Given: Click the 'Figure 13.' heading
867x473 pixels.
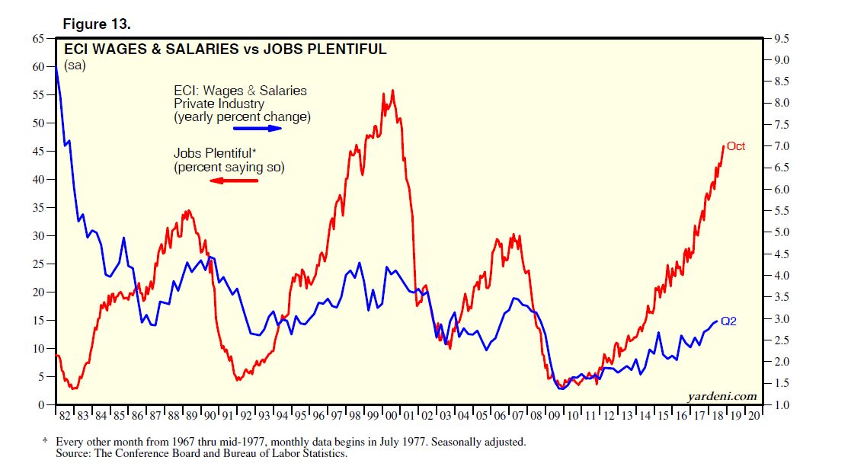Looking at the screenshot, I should click(x=101, y=24).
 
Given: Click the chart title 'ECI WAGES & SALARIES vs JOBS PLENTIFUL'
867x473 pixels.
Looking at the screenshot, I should click(x=225, y=50).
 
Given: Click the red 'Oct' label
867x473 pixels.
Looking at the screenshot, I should click(x=736, y=146).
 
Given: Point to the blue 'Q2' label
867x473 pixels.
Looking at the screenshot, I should click(x=728, y=321).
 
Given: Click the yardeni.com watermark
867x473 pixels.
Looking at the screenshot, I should click(x=721, y=395).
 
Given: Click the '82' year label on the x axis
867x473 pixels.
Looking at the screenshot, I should click(x=64, y=415).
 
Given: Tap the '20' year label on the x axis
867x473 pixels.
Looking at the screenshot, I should click(x=753, y=415).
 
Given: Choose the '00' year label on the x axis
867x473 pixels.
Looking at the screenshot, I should click(x=391, y=415).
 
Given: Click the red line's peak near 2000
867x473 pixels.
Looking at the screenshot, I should click(x=392, y=91).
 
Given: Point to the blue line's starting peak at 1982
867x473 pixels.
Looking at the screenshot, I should click(x=56, y=67).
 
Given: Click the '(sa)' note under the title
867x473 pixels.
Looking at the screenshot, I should click(x=74, y=66).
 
